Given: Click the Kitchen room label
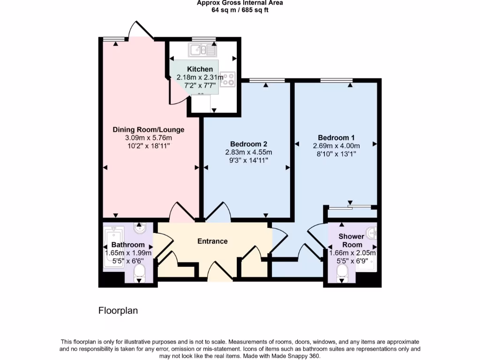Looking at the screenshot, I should coord(200,69).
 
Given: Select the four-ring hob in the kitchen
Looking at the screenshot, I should coord(228,79).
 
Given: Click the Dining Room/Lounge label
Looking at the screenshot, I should coord(148,129).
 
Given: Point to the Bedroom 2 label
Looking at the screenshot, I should coord(248,143).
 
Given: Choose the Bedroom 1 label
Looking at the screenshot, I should coord(336,137).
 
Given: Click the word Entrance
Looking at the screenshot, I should coord(212,241).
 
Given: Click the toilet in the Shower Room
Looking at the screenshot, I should coord(343,271).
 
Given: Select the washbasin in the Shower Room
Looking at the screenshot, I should coord(372,231).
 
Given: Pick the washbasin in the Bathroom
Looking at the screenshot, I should coord(140,228).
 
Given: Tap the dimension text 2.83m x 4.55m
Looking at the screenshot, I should coord(248,152).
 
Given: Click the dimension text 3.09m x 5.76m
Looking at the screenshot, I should coord(148,138).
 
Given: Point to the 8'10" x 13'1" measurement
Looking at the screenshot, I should coord(336,154).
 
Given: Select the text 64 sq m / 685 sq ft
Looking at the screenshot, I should coord(240,10).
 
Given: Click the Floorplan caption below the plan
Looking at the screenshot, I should coord(118,310).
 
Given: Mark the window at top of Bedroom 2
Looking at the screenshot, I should coord(267,80).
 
